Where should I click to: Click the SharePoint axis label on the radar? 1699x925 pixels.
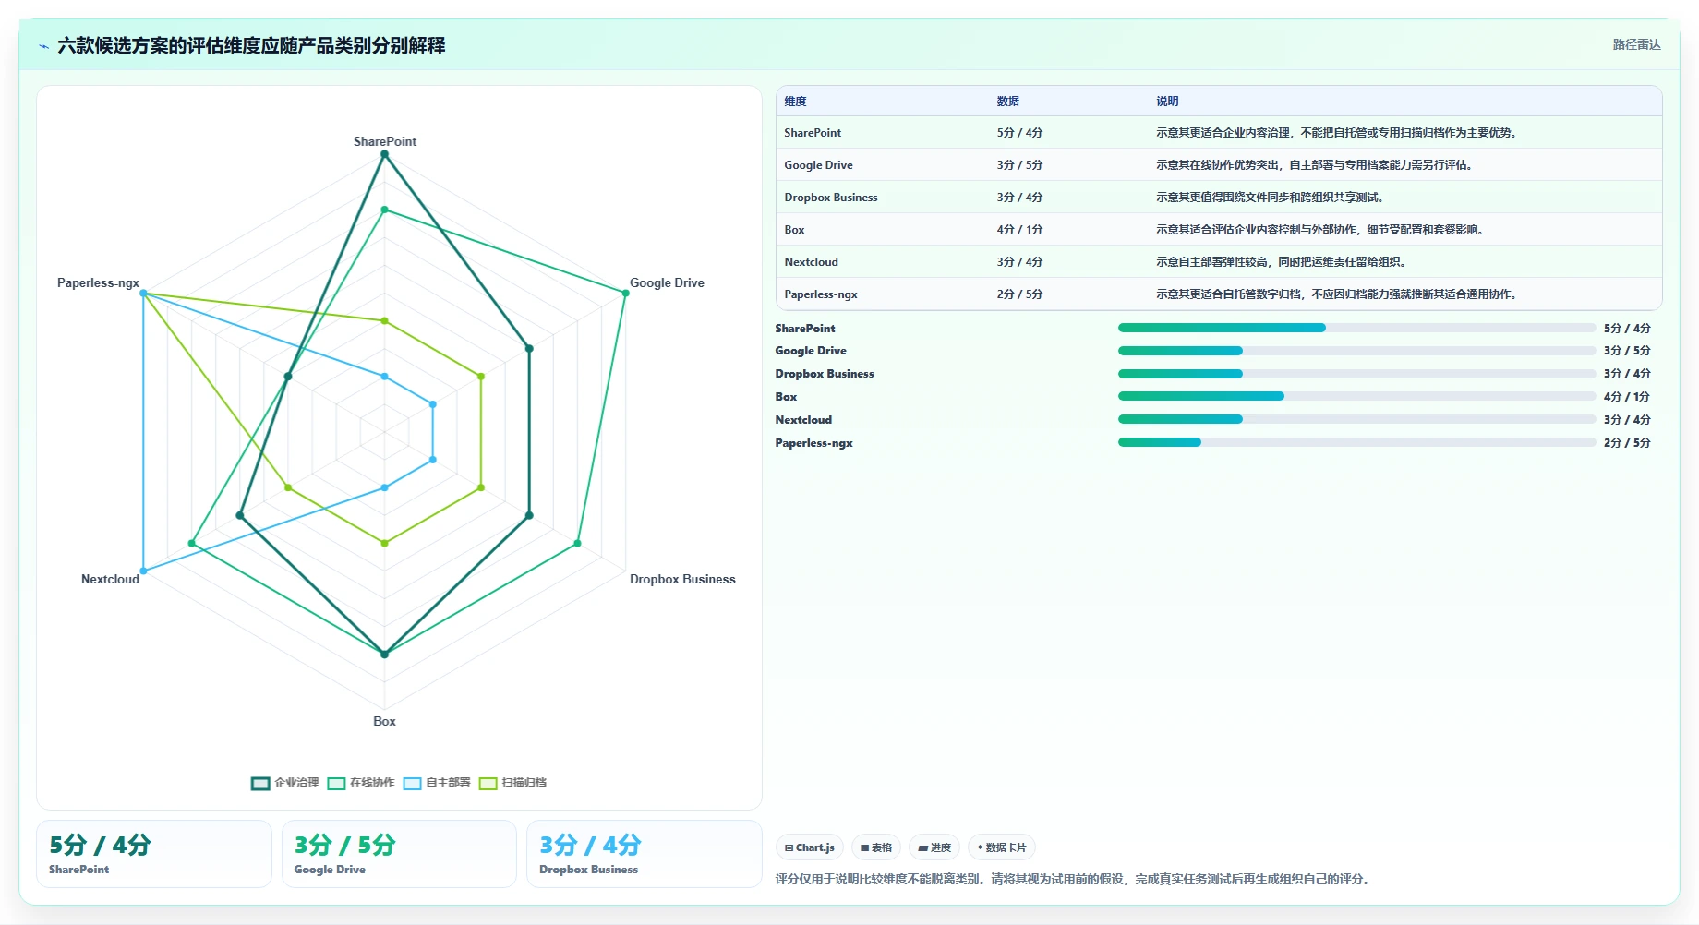(x=385, y=141)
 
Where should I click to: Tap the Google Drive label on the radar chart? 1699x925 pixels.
(x=667, y=282)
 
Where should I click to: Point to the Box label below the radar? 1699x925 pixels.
(x=384, y=721)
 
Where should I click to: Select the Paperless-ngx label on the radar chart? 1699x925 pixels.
(x=98, y=282)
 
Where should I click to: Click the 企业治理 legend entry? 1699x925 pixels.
(x=285, y=783)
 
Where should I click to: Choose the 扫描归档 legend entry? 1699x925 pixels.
(x=513, y=783)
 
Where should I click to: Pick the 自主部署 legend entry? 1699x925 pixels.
(x=437, y=783)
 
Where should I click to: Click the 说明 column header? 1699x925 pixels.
(x=1167, y=102)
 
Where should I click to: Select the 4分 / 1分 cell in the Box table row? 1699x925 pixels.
(x=1019, y=230)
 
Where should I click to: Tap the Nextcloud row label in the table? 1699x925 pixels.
(x=812, y=262)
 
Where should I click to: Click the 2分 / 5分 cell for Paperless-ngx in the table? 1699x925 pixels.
(x=1019, y=294)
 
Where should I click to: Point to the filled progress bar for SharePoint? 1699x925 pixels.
(x=1222, y=328)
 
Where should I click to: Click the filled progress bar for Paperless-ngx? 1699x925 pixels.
(x=1160, y=442)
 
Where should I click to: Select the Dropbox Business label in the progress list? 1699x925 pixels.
(x=825, y=374)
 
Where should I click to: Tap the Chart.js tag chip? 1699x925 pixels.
(x=810, y=847)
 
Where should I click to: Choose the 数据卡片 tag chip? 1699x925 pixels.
(x=1002, y=847)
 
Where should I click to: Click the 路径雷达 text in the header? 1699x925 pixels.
(x=1637, y=44)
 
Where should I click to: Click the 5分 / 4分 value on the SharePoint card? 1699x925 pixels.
(x=100, y=845)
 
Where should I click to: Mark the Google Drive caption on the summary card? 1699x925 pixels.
(x=330, y=870)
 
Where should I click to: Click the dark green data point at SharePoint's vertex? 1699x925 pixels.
(x=385, y=154)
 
